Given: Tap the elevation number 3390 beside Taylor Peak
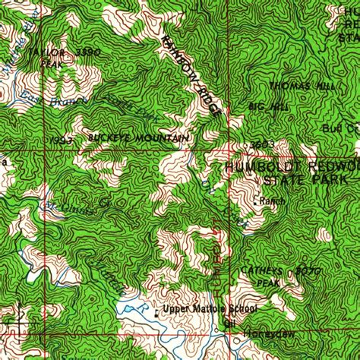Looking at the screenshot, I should coord(89,52).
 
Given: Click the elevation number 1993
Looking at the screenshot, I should coord(64,141).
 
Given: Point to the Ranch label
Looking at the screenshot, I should coord(271,201).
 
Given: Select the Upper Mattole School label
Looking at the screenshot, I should coord(210,310).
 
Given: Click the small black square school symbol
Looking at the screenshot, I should coord(156,311).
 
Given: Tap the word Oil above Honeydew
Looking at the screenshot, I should coord(229,321).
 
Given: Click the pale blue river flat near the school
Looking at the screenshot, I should coord(133,310).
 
